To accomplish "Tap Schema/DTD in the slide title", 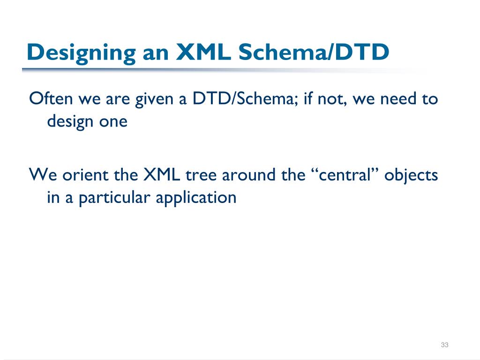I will (314, 52).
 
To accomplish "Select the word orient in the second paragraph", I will (82, 175).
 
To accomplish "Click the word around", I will (247, 175).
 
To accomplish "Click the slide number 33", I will (445, 345).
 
